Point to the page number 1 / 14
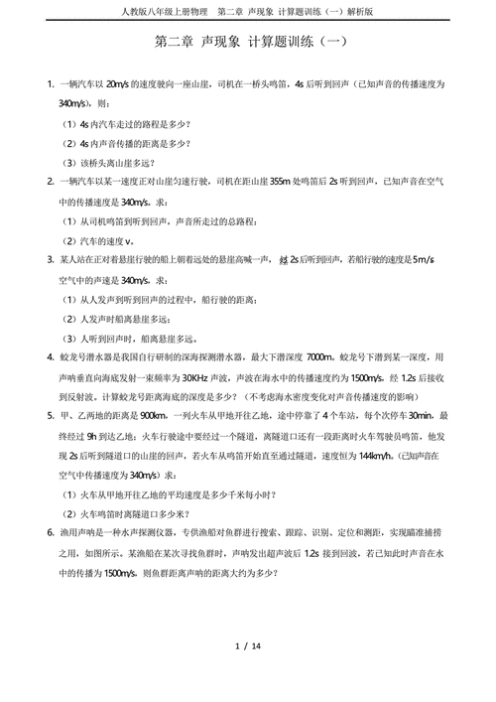248,646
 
